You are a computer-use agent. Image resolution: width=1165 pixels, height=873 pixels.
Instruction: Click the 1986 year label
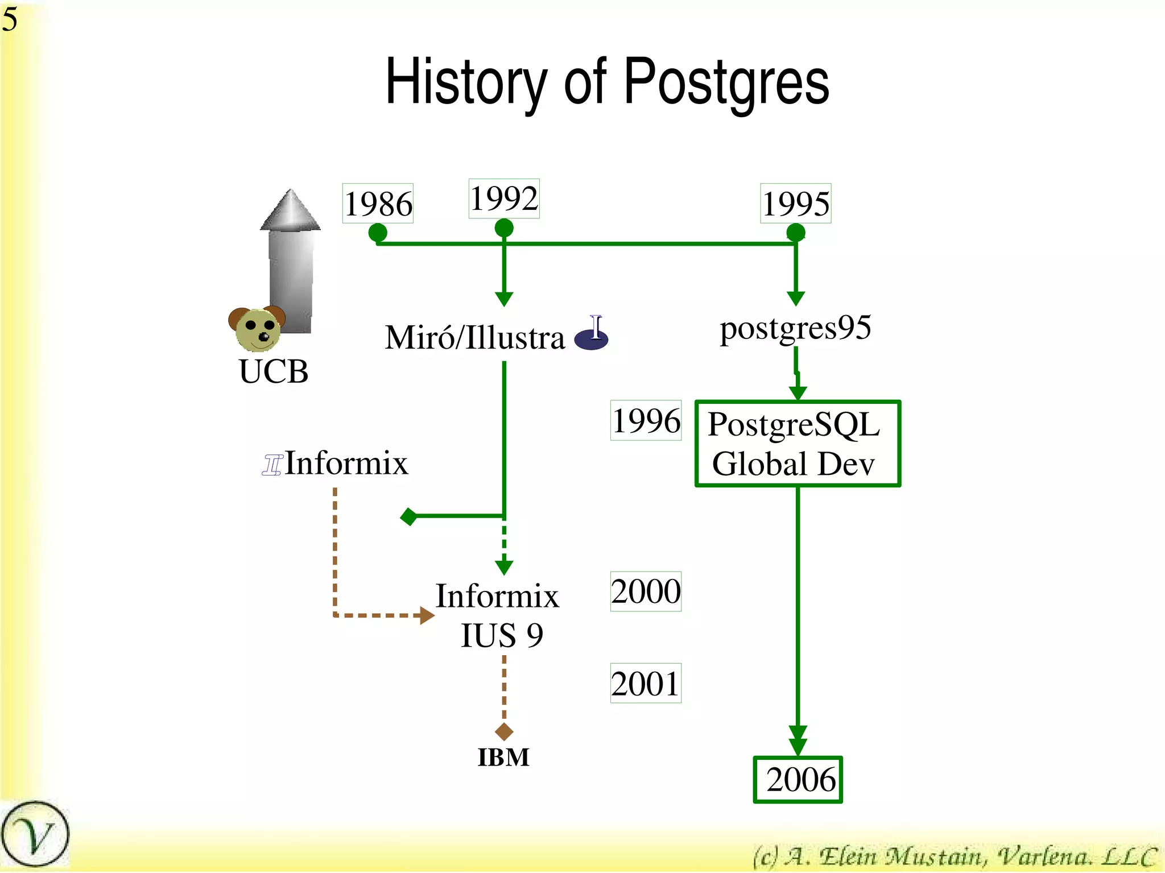click(x=378, y=204)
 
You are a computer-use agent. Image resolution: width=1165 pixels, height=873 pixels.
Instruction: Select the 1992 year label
click(x=504, y=198)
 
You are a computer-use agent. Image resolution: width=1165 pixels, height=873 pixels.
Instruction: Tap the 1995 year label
click(x=796, y=204)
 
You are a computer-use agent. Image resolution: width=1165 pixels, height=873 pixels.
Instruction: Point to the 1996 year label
click(x=646, y=420)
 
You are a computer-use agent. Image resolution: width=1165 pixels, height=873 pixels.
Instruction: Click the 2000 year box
click(x=646, y=591)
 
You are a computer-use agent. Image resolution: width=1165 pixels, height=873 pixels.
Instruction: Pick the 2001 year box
click(x=646, y=683)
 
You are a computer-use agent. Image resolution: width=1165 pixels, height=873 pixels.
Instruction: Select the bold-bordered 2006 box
click(x=798, y=779)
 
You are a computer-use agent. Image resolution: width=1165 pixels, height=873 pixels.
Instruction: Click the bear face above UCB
click(x=257, y=329)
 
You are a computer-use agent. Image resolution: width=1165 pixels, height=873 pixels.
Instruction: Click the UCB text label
click(x=274, y=371)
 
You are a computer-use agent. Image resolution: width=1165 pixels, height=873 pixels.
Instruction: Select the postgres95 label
click(x=795, y=328)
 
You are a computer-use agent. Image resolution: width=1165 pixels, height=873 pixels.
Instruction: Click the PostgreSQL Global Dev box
click(x=798, y=444)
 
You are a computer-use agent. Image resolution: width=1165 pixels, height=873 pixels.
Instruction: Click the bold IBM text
click(x=503, y=758)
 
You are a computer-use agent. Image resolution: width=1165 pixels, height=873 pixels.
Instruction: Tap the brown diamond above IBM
click(x=504, y=731)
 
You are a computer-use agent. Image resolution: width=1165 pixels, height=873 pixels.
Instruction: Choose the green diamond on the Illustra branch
click(x=409, y=516)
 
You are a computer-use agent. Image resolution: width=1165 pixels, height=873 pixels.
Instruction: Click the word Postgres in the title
click(x=726, y=82)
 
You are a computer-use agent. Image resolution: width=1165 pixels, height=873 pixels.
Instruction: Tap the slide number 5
click(x=10, y=19)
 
